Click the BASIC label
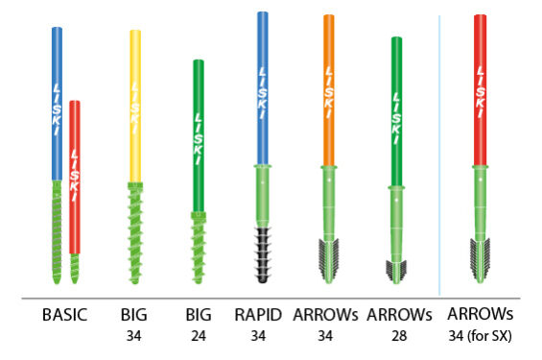click(64, 315)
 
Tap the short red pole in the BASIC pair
click(75, 177)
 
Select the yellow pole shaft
click(135, 106)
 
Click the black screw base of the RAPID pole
click(263, 254)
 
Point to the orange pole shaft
click(329, 90)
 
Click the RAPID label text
click(258, 315)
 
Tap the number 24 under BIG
click(199, 336)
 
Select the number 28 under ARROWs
click(399, 336)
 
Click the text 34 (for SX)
click(481, 336)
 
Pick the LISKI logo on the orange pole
click(329, 92)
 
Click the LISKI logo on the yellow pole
click(135, 108)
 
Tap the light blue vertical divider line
click(439, 156)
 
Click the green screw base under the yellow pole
click(135, 232)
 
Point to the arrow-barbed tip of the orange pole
click(328, 260)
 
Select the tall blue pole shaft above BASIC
click(57, 104)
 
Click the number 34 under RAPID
click(258, 336)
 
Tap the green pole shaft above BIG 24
click(199, 135)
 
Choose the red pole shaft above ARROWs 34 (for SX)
click(481, 90)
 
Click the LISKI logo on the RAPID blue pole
click(263, 93)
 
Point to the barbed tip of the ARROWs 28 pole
click(396, 272)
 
